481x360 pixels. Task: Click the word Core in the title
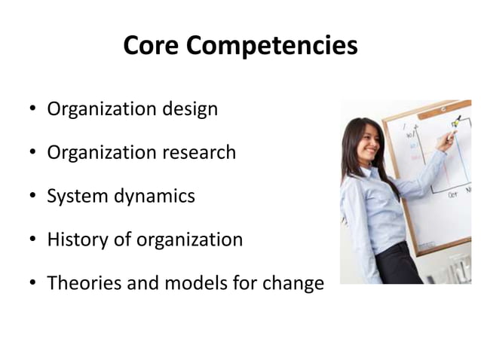(150, 47)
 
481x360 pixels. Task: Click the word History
(74, 241)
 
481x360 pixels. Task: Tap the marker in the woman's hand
(454, 124)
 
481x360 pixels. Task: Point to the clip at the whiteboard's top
(445, 109)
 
